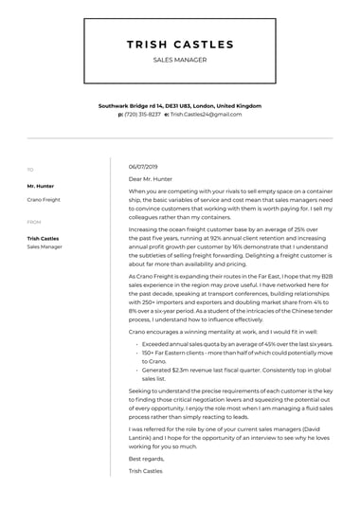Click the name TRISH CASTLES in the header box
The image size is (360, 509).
click(179, 45)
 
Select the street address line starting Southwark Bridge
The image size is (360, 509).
click(179, 106)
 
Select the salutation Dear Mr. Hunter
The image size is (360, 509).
click(153, 178)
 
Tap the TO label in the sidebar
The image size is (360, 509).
click(29, 170)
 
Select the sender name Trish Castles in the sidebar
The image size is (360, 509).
click(43, 238)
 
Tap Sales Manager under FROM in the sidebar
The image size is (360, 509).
click(45, 246)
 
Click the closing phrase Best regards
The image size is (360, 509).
click(145, 459)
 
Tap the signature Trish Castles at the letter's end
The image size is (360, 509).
click(145, 470)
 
